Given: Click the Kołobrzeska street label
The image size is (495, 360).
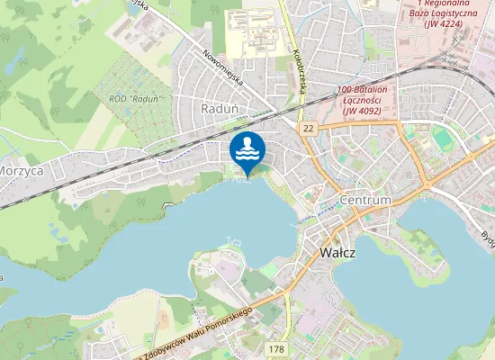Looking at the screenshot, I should [x=296, y=67].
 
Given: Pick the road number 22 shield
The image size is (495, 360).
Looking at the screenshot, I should [x=309, y=130].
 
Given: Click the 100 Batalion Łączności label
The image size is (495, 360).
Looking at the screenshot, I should [x=362, y=91].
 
